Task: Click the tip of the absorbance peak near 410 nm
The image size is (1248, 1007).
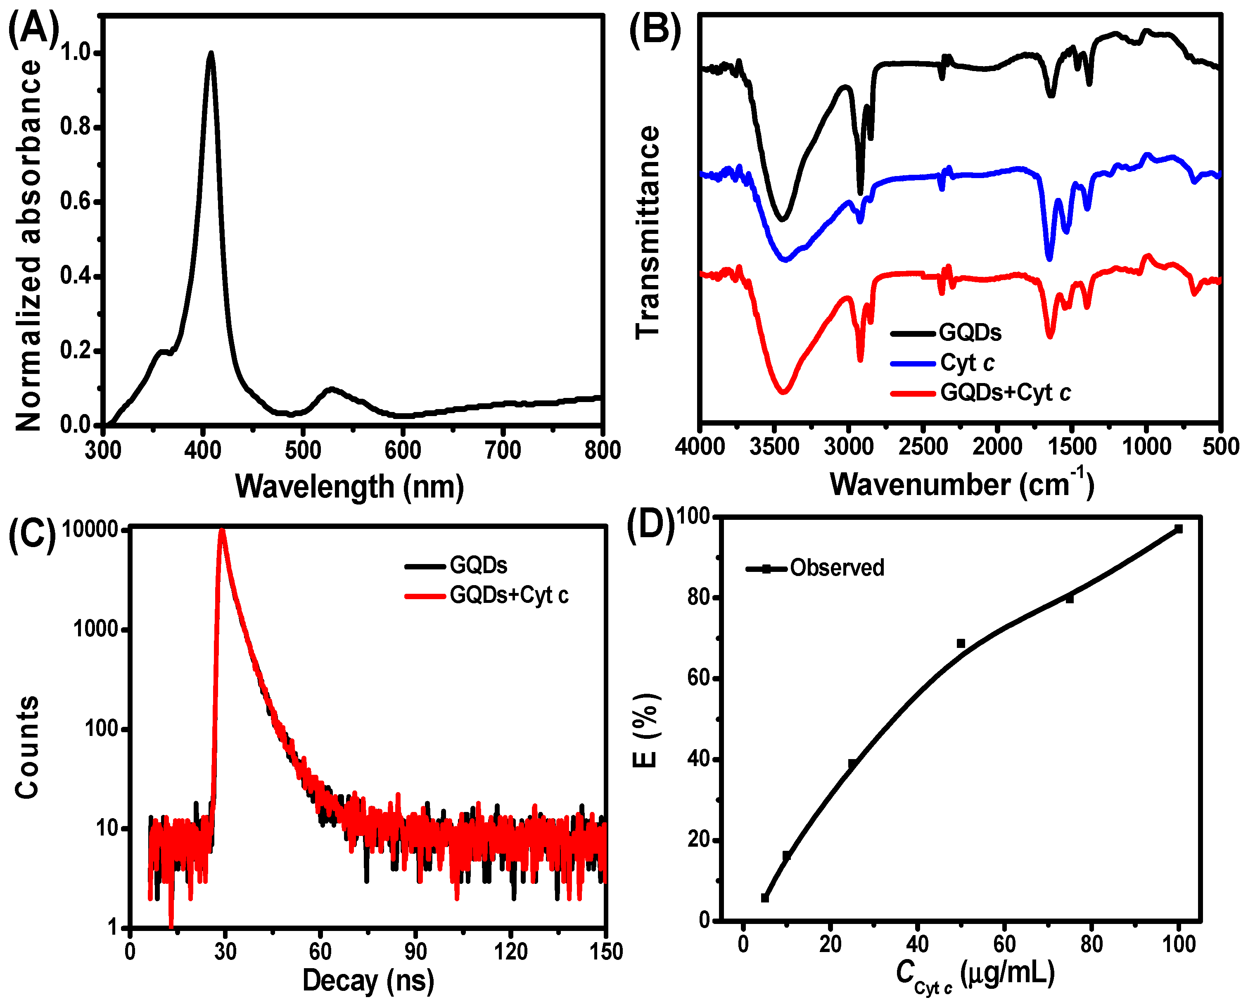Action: point(211,53)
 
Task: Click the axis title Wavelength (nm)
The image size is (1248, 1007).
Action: point(349,486)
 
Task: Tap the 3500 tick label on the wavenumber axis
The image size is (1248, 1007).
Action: point(774,447)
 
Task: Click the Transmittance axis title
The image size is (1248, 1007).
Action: point(648,232)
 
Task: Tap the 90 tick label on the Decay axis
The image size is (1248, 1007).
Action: point(415,951)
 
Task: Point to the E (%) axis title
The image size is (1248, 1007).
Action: point(645,731)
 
